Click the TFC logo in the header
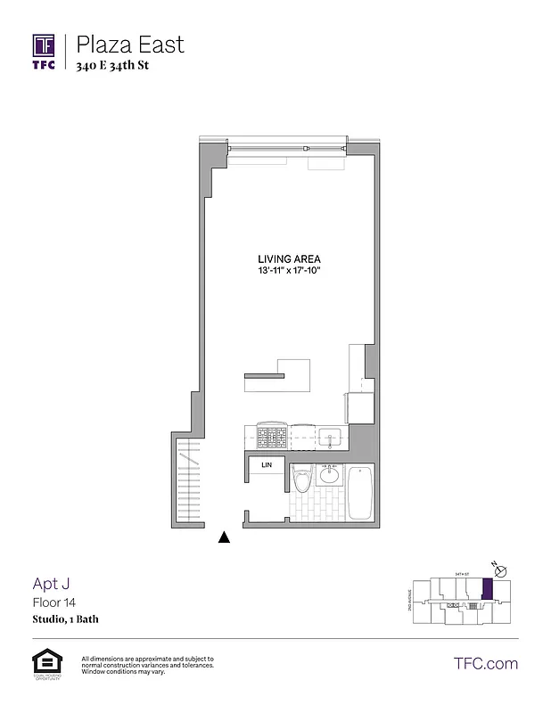[x=45, y=50]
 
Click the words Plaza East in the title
[x=129, y=44]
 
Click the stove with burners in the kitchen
[x=271, y=438]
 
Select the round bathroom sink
[x=329, y=475]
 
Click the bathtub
[x=359, y=492]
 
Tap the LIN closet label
[x=266, y=465]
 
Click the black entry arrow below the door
[x=225, y=537]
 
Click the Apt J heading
[x=51, y=584]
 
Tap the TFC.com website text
[x=486, y=663]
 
